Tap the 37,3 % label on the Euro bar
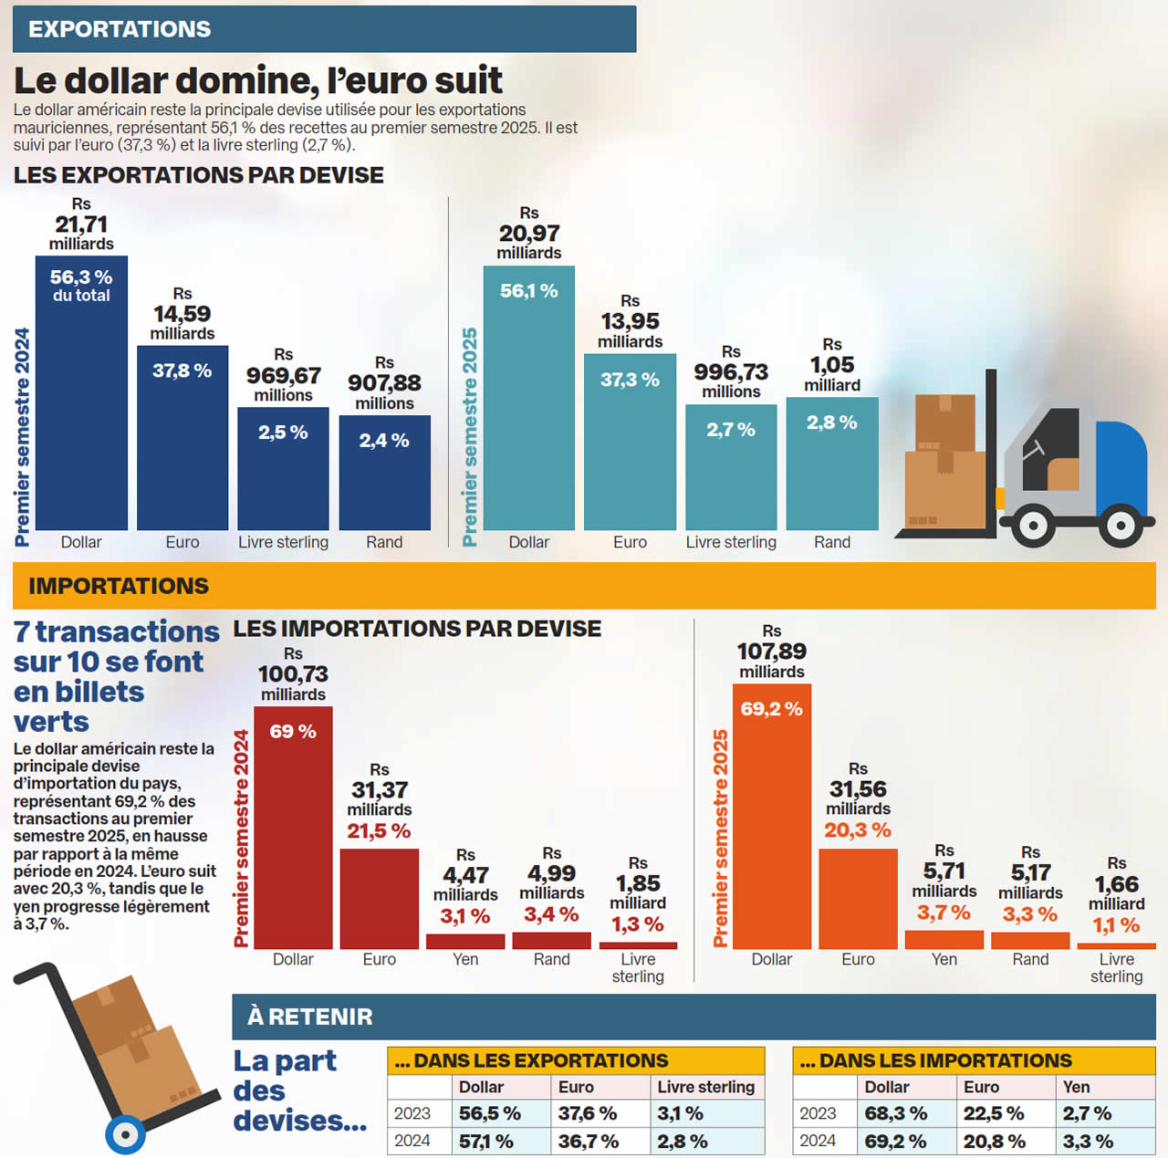[x=630, y=380]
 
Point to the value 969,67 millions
[x=283, y=376]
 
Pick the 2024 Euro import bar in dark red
[x=379, y=899]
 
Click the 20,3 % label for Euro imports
[x=857, y=830]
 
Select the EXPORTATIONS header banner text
[x=120, y=29]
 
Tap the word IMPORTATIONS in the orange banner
[x=119, y=586]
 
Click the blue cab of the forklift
[x=1120, y=465]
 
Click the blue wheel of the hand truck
[x=125, y=1134]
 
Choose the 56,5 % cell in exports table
[x=489, y=1113]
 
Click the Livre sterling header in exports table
[x=705, y=1087]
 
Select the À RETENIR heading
[x=309, y=1017]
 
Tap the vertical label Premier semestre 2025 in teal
[x=469, y=437]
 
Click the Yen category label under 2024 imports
[x=465, y=959]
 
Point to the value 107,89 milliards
[x=771, y=652]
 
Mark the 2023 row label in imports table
[x=818, y=1113]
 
